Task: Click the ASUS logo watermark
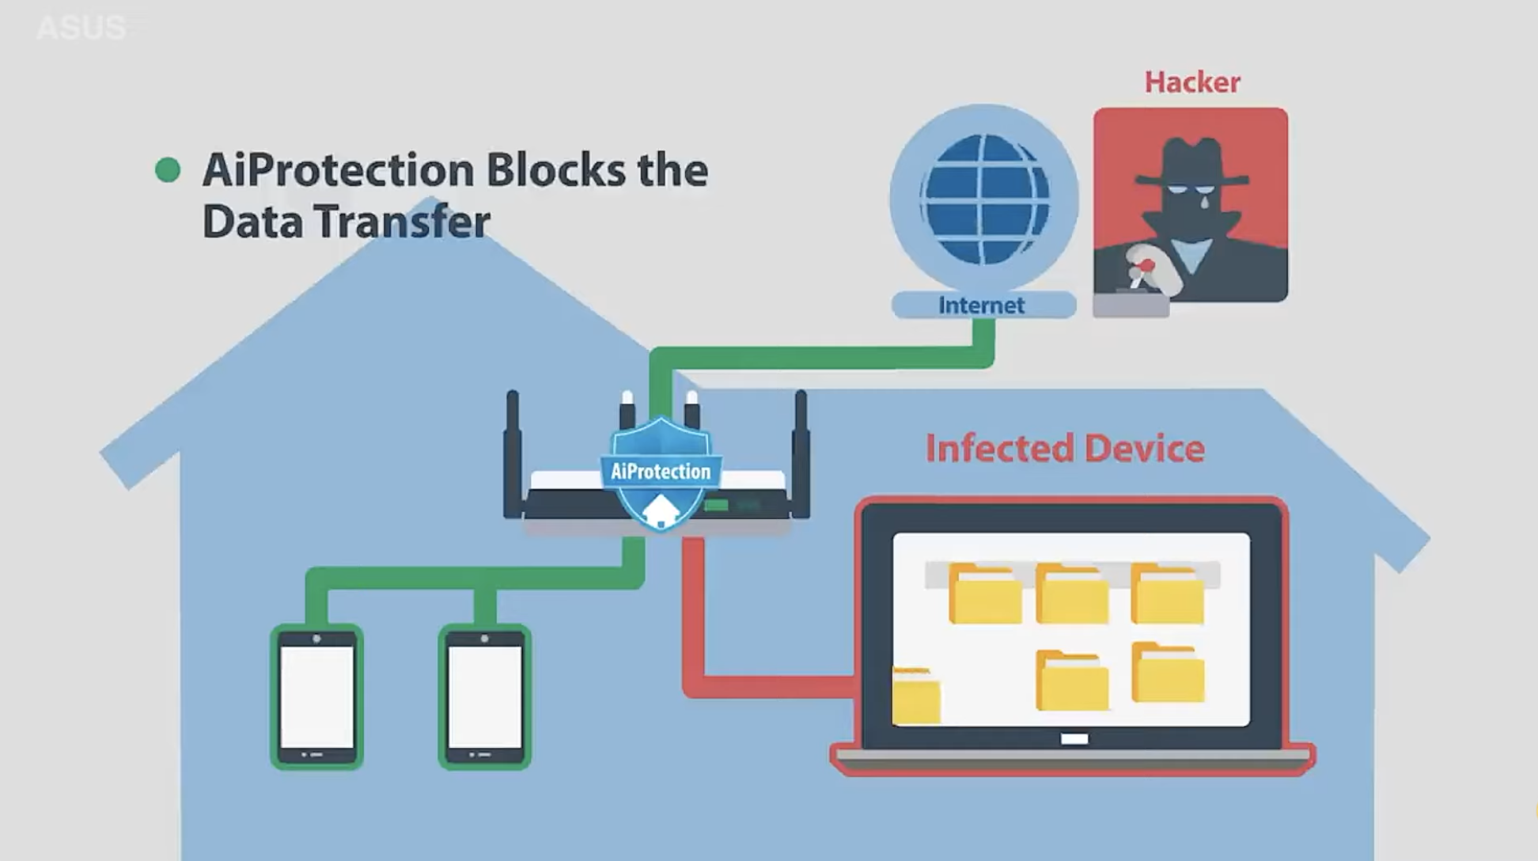[x=81, y=28]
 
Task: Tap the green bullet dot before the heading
[x=168, y=169]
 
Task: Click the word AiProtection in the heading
[x=338, y=171]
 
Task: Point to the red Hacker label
[x=1191, y=82]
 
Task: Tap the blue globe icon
[x=984, y=199]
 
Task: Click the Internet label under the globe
[x=982, y=305]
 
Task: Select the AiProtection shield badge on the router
[x=661, y=471]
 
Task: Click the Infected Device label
[x=1065, y=449]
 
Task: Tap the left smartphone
[x=316, y=697]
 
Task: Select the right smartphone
[x=484, y=697]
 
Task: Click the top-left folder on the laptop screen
[x=984, y=594]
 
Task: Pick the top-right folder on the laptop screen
[x=1168, y=594]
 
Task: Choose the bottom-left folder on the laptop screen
[x=916, y=696]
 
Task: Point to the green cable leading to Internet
[x=823, y=358]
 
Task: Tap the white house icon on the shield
[x=661, y=511]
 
